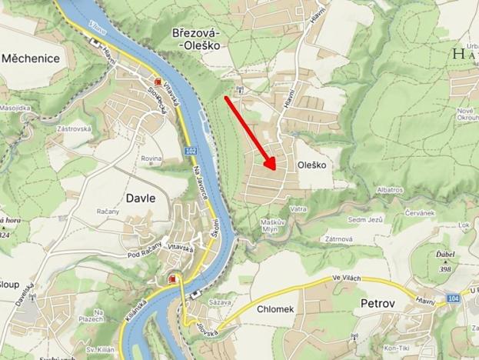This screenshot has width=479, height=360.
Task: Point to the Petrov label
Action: (378, 304)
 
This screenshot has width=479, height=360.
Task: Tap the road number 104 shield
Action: (453, 297)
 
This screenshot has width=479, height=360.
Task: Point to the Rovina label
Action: (151, 158)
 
